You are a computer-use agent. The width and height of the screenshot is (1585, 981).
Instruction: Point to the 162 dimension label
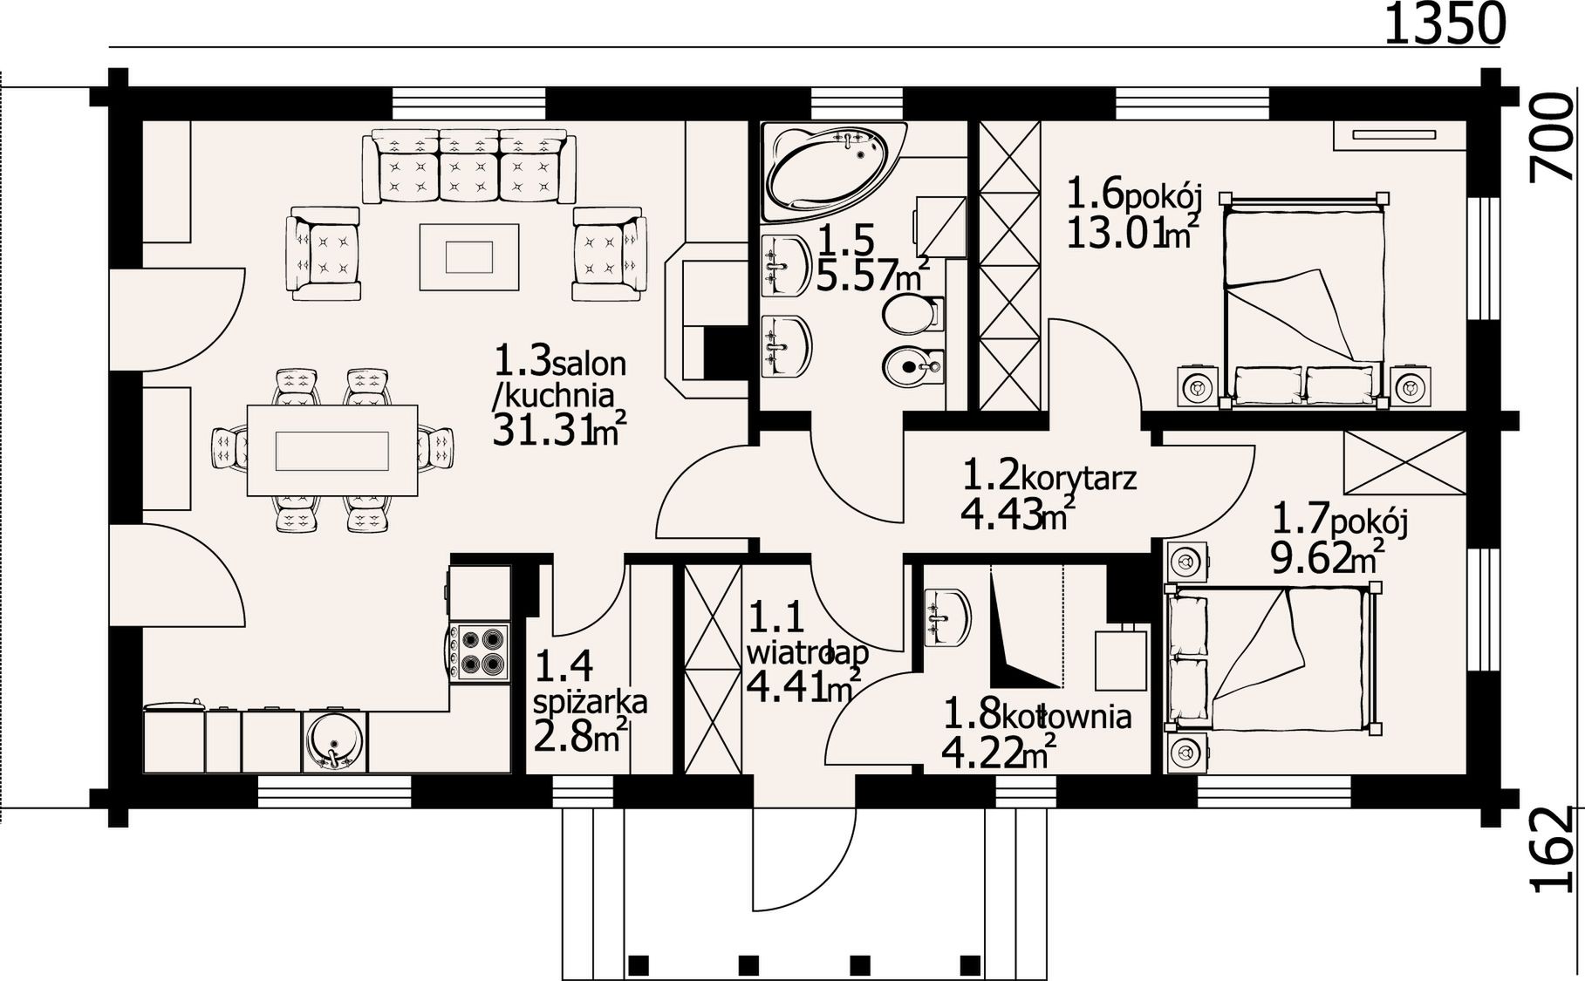tap(1555, 849)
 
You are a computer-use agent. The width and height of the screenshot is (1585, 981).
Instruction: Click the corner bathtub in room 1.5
tap(834, 170)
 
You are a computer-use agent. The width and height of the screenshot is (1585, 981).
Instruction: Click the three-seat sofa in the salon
tap(469, 166)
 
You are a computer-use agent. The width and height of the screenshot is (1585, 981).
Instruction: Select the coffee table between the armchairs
tap(469, 256)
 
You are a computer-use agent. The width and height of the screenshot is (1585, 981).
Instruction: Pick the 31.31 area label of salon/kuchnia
tap(559, 431)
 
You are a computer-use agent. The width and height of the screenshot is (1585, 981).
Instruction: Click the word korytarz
tap(1078, 479)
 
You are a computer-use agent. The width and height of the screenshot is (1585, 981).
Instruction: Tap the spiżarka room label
tap(590, 702)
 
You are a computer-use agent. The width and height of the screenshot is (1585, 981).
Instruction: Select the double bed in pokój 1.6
tap(1303, 301)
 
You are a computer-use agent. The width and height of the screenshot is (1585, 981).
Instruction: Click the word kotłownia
tap(1066, 717)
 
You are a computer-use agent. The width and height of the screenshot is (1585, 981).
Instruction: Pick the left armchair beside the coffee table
tap(324, 254)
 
